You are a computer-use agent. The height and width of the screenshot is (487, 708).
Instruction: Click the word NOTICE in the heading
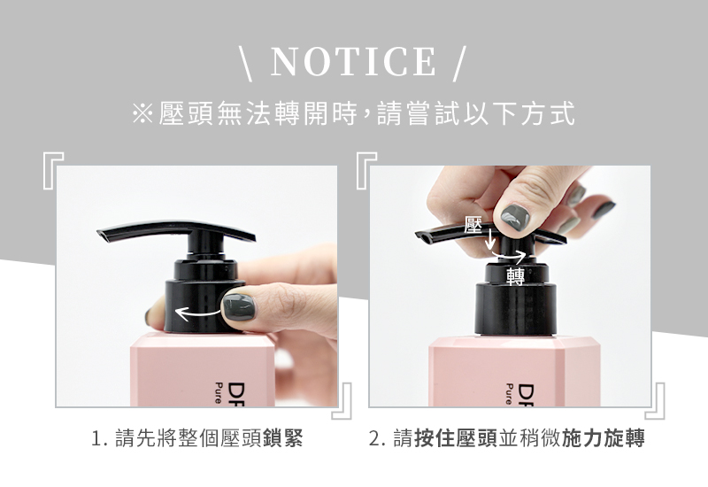(353, 61)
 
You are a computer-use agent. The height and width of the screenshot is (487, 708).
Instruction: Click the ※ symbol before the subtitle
(142, 113)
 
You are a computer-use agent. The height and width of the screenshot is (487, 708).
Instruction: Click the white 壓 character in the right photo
(473, 225)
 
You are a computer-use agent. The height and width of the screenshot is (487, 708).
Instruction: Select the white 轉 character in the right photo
(516, 276)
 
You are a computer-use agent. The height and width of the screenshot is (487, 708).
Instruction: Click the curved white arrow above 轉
(509, 257)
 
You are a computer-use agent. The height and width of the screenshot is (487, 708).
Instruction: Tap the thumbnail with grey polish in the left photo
(239, 307)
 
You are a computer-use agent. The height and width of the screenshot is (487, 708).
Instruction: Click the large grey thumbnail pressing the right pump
(515, 217)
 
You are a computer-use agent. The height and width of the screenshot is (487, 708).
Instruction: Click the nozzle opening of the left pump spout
(104, 236)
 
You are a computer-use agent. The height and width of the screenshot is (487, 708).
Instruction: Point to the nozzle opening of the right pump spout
(422, 237)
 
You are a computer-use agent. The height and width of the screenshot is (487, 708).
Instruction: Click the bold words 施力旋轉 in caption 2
(604, 437)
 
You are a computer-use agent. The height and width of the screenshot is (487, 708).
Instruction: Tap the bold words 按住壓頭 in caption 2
(456, 437)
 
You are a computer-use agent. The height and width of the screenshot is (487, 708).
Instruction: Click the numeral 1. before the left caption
(99, 438)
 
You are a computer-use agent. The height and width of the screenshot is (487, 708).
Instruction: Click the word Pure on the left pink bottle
(219, 393)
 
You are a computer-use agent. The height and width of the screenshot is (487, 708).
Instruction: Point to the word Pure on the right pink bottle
(510, 394)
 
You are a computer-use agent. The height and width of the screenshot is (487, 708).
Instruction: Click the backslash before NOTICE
(247, 63)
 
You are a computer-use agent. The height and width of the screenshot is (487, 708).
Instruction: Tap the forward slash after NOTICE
(458, 63)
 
